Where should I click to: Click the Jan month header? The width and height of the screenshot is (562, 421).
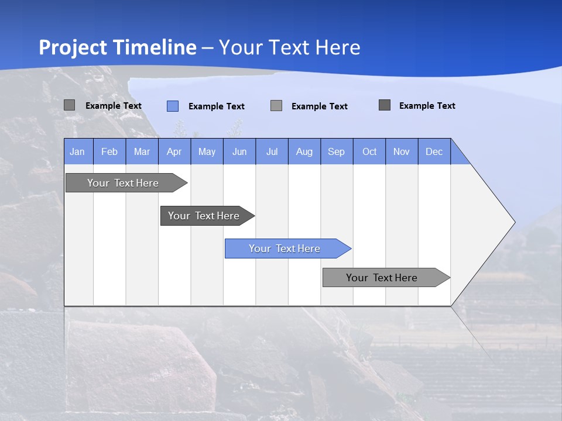click(78, 151)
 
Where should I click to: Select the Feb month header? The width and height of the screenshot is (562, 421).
click(109, 151)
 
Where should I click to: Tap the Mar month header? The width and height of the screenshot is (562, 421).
click(142, 151)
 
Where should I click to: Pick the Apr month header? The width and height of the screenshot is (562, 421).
click(174, 151)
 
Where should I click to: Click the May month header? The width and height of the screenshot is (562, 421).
click(207, 151)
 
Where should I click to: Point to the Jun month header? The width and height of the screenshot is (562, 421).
click(239, 151)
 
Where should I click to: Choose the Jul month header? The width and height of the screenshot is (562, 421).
click(272, 151)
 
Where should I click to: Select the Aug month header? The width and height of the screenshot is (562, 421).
click(304, 151)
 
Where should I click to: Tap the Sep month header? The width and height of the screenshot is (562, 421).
click(337, 151)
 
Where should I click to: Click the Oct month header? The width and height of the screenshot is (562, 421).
click(369, 151)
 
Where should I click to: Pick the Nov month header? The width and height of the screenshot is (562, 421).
click(402, 151)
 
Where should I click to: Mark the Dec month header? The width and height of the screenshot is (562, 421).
click(434, 151)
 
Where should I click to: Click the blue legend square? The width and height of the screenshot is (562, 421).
click(173, 106)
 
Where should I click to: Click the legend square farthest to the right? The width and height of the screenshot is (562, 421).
click(385, 105)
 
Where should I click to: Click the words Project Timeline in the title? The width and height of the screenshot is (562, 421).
click(118, 47)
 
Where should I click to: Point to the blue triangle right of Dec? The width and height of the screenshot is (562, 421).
click(458, 156)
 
